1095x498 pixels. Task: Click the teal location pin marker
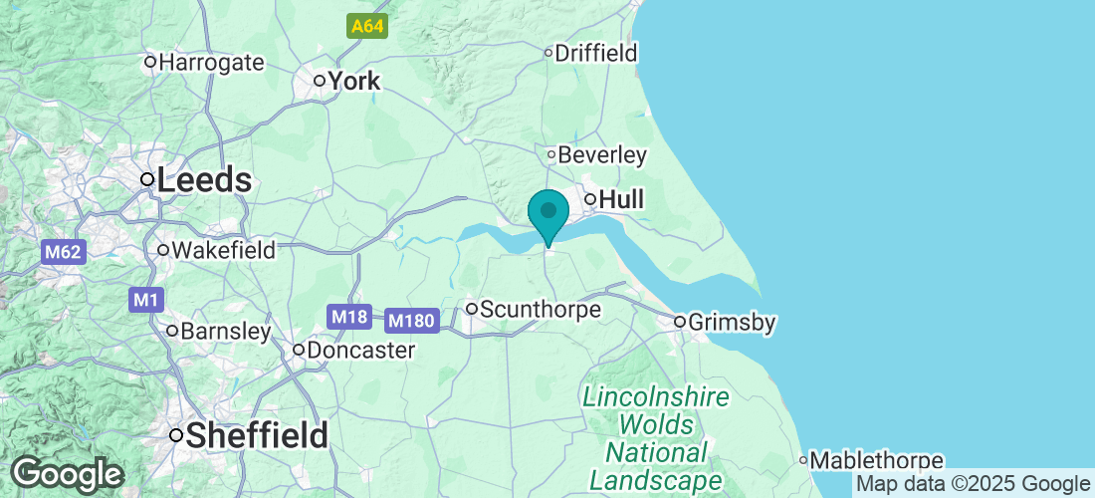(547, 213)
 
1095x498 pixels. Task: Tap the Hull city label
(620, 200)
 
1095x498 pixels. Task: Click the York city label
(353, 81)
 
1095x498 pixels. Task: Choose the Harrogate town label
(211, 63)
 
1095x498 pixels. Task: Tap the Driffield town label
(595, 53)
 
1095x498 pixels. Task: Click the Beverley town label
(602, 155)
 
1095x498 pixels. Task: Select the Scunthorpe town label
(540, 310)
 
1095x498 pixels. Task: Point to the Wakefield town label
(223, 250)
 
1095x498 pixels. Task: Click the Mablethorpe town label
(876, 460)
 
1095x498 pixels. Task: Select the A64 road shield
(367, 27)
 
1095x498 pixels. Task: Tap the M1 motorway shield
(145, 299)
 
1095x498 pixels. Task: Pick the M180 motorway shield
(411, 321)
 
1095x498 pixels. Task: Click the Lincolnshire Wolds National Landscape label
(655, 438)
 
